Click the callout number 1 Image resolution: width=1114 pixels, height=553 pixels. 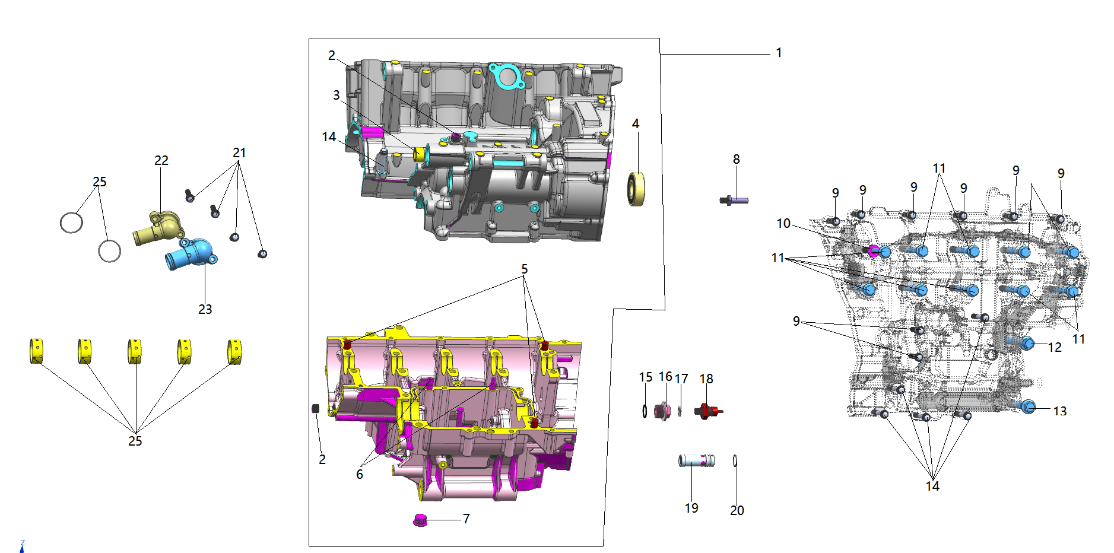click(779, 53)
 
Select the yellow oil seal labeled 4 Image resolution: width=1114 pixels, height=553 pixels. click(636, 189)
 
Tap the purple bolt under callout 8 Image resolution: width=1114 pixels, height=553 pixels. click(734, 201)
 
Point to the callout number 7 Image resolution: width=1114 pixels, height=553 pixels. click(466, 519)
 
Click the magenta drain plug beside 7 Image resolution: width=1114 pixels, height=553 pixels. click(420, 520)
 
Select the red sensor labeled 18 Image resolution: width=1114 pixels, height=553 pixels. click(708, 411)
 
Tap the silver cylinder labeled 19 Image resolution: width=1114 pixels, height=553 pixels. click(697, 460)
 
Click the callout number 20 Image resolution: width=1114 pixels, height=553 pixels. click(737, 510)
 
